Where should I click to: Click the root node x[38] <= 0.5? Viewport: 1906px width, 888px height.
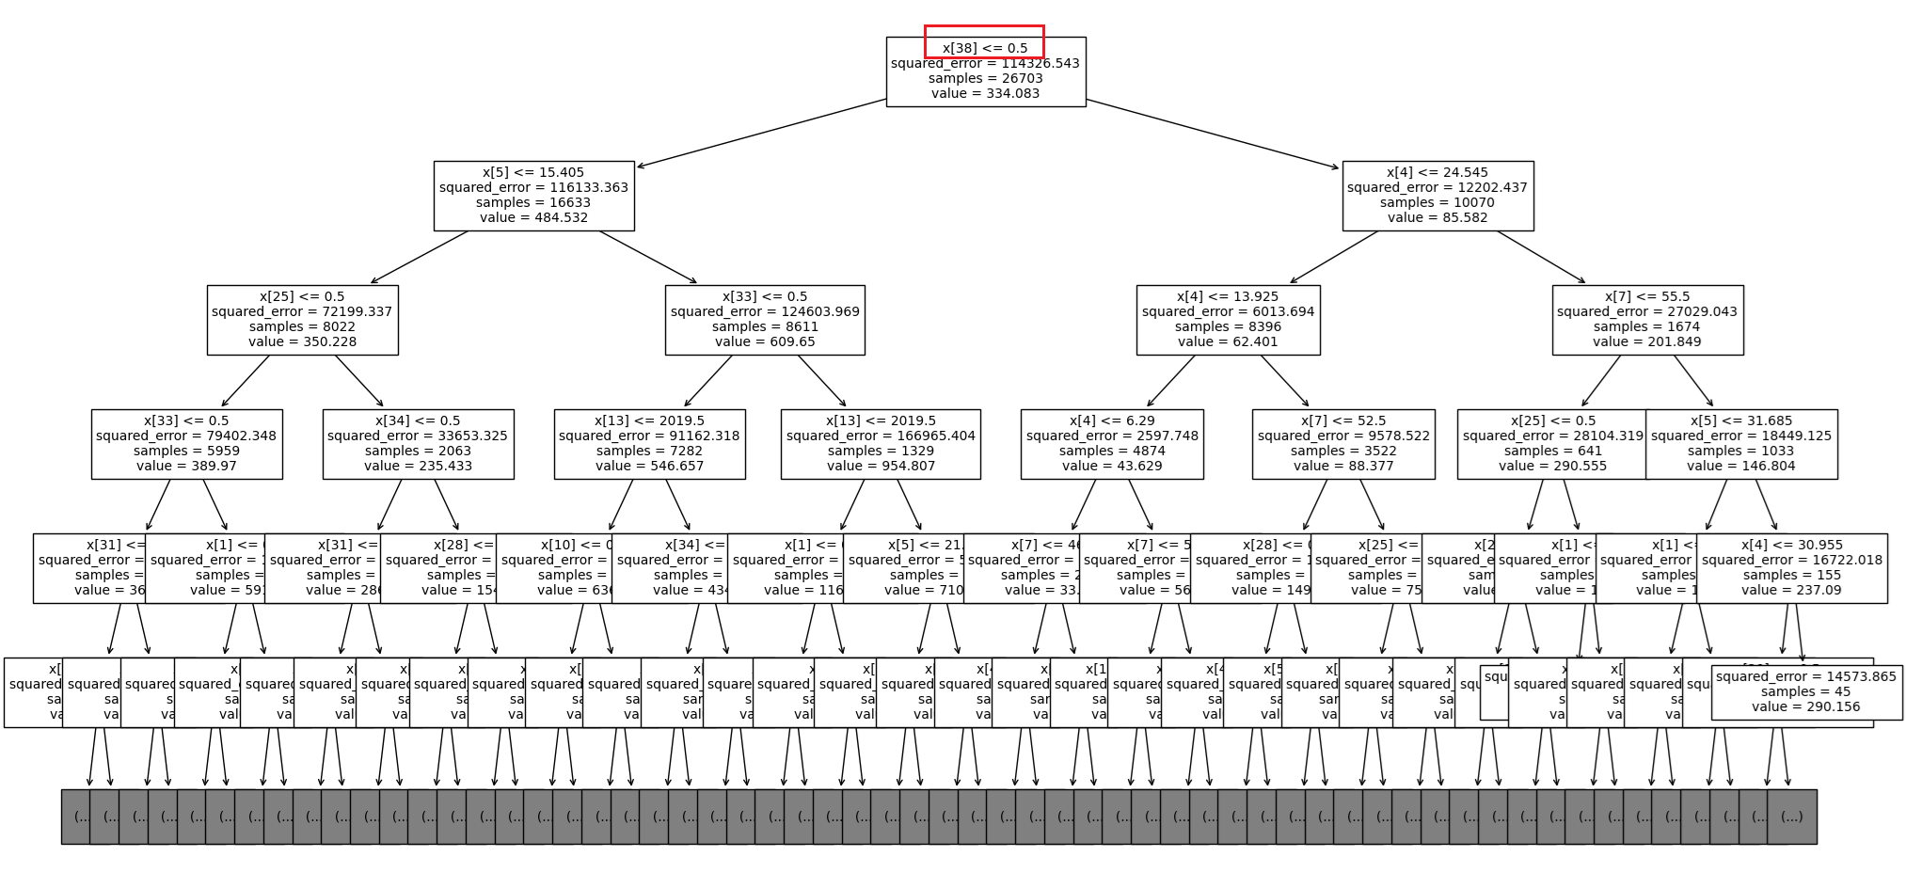coord(985,71)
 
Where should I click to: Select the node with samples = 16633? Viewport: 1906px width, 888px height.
coord(533,196)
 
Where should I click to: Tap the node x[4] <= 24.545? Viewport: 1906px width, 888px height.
coord(1437,196)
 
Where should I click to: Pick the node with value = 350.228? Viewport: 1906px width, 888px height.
coord(302,320)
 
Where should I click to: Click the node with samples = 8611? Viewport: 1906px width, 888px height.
coord(765,320)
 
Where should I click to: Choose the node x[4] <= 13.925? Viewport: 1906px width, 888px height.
coord(1228,320)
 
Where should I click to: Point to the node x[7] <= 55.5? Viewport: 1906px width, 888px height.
coord(1647,320)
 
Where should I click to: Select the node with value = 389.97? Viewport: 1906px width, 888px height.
coord(186,444)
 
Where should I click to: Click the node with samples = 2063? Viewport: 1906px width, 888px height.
coord(418,444)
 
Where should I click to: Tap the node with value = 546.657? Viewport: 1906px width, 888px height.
coord(649,444)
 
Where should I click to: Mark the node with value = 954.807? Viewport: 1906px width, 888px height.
coord(881,444)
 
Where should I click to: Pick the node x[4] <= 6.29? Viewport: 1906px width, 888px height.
coord(1112,444)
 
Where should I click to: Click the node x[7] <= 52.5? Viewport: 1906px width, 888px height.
coord(1343,444)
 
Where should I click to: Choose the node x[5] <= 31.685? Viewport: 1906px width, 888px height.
coord(1741,444)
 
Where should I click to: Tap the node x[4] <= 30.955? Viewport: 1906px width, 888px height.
coord(1792,568)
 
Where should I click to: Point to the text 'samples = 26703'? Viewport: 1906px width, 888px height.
coord(985,79)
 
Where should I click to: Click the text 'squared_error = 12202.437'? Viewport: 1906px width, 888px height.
coord(1437,188)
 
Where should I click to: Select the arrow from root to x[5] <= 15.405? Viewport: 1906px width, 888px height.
coord(762,133)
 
